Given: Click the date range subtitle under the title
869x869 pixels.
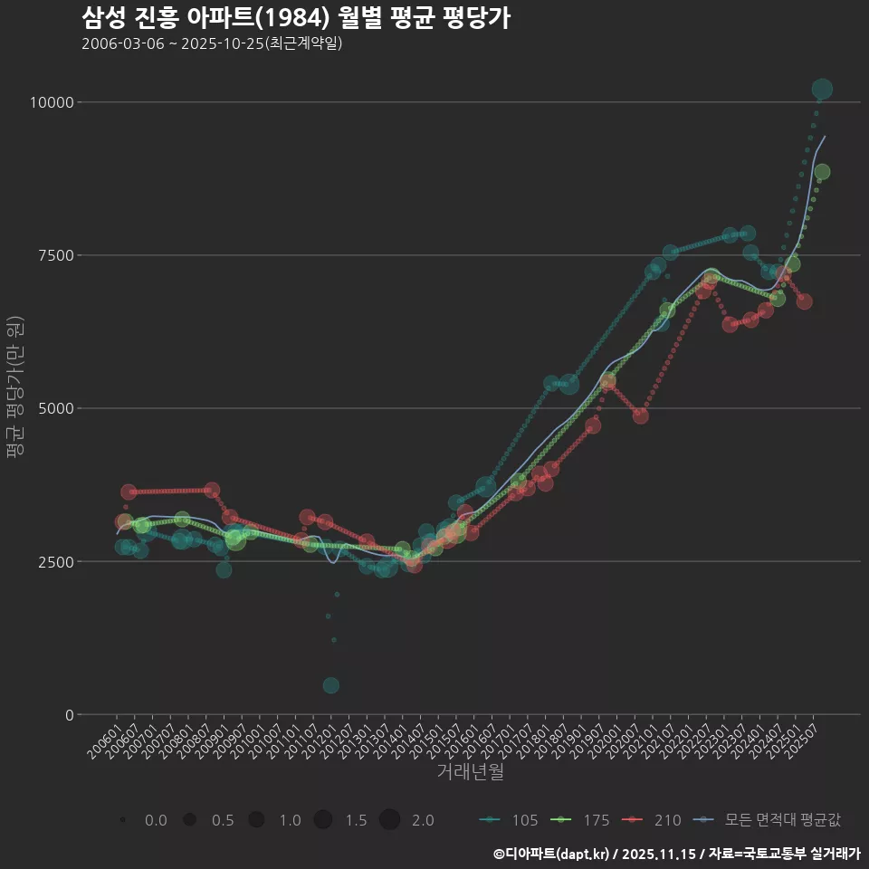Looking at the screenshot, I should tap(211, 43).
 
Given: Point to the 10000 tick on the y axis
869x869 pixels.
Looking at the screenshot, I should tap(51, 102).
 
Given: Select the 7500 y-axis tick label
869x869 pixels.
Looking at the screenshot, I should tap(55, 255).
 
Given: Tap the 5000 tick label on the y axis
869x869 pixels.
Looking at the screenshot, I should tap(55, 408).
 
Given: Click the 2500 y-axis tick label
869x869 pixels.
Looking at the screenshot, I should tap(55, 561).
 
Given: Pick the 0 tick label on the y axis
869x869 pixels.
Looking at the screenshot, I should tap(69, 714).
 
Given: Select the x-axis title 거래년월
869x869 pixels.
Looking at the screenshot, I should tap(470, 771).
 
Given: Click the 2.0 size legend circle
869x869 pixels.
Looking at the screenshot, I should tap(389, 820).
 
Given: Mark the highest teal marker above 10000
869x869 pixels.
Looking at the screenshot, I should tap(822, 89).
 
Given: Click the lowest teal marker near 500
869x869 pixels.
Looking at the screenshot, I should tap(331, 685).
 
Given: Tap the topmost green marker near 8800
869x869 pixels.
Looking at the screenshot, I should tap(822, 172).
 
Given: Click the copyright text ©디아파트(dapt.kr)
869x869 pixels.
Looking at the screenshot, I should tap(552, 854).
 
